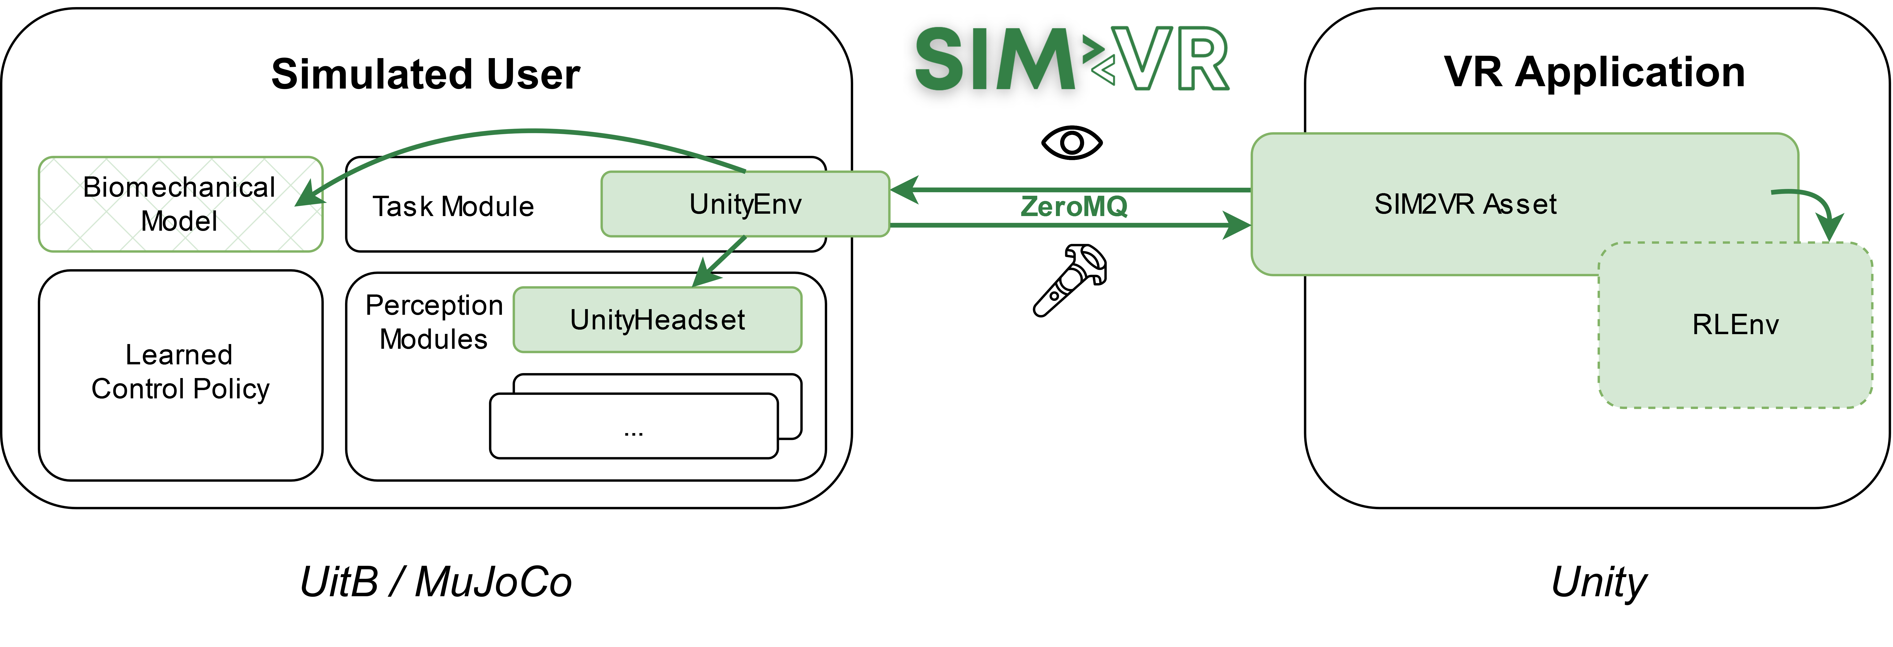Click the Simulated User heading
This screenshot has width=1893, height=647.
click(425, 74)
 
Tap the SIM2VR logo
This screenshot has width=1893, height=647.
click(1072, 57)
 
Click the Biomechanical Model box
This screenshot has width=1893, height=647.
click(180, 204)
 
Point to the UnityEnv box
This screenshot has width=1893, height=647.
click(745, 204)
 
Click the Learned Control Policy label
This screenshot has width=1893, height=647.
click(180, 372)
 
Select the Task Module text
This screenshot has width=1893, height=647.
click(453, 206)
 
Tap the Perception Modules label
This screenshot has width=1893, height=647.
click(434, 322)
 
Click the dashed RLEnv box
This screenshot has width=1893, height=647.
click(1735, 325)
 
